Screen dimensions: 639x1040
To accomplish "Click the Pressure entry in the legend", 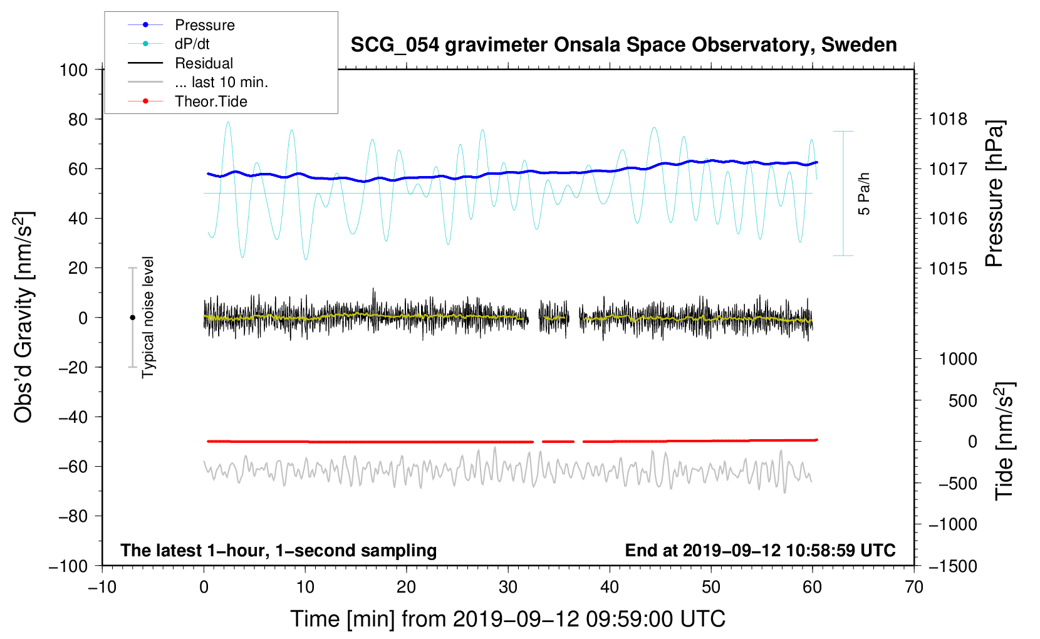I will pos(204,25).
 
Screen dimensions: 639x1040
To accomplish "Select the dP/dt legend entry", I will pos(192,44).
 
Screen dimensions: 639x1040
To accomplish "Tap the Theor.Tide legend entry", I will pos(211,101).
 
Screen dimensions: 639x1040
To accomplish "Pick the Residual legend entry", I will pos(204,63).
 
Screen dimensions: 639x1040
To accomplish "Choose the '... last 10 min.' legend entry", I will pos(221,82).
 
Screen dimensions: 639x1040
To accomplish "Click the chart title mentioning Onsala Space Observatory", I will pos(623,45).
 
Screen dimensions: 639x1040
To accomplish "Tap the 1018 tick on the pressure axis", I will pos(948,119).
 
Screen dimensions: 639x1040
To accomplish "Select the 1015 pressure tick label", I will pos(948,268).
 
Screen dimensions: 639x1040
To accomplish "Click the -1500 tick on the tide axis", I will pos(952,566).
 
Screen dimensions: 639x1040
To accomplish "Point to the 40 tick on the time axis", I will pos(610,587).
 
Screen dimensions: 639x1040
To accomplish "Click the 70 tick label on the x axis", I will pos(914,587).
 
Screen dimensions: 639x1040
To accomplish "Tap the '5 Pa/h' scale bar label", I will pos(865,194).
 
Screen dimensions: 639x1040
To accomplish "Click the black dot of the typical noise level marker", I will pos(132,318).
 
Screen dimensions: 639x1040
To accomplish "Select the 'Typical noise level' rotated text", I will pos(148,317).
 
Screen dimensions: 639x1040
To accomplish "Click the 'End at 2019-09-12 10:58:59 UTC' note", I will pos(760,550).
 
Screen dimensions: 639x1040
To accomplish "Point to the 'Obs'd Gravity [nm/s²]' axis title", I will pos(24,317).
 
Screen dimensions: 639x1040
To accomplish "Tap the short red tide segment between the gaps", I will pos(558,442).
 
